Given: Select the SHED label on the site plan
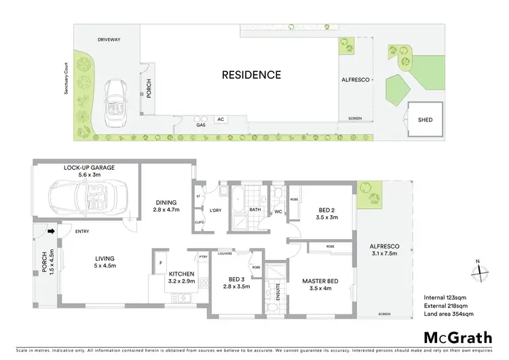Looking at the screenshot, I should point(425,120).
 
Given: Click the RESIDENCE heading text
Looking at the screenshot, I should point(251,75).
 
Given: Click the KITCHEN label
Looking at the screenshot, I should point(182,274).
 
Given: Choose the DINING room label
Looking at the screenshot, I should point(166,202).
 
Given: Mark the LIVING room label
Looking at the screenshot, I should point(105,258).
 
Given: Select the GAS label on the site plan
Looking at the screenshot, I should point(200,126).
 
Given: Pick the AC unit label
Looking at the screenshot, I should point(221,120).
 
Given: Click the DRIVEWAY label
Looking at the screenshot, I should point(109,39).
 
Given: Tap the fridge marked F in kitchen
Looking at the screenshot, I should point(160,262).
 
